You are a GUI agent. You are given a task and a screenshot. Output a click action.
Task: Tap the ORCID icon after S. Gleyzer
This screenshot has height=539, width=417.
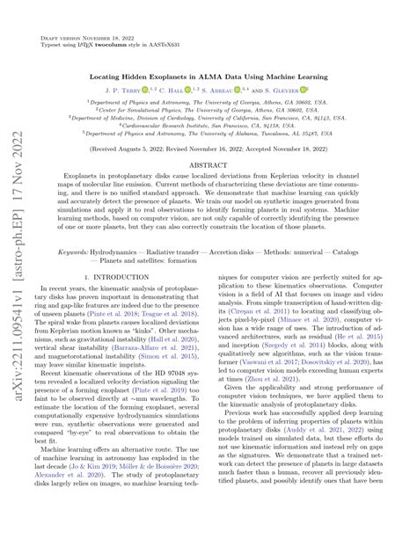point(304,90)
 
